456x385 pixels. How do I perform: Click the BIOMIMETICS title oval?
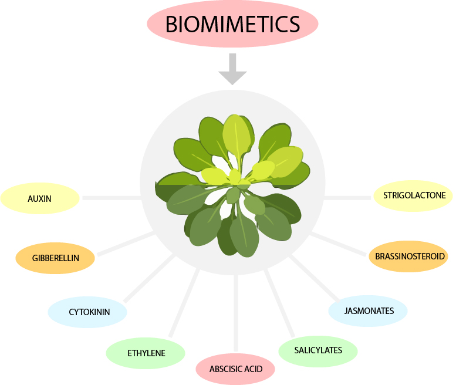(x=232, y=24)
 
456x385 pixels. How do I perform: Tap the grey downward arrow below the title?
(x=232, y=69)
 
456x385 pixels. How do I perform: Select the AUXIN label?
(x=40, y=198)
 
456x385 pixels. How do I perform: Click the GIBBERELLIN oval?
(x=55, y=258)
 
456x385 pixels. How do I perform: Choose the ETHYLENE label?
(x=146, y=353)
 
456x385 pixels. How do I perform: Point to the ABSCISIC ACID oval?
(x=235, y=369)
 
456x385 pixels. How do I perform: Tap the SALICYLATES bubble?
(x=318, y=350)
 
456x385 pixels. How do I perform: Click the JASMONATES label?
(x=368, y=310)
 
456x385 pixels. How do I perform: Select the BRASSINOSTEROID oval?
(x=408, y=256)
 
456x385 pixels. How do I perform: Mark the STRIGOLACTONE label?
(x=413, y=195)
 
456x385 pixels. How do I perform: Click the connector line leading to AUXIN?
(x=112, y=198)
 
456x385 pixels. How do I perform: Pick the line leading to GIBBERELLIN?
(x=124, y=244)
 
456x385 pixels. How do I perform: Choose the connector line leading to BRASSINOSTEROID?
(x=339, y=244)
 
